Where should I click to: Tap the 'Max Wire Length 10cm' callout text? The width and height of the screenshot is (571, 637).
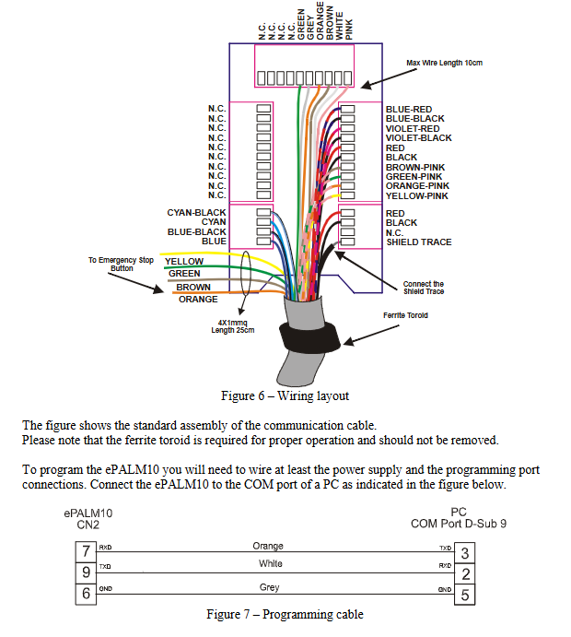[x=445, y=63]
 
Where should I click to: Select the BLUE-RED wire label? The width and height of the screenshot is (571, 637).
[x=408, y=109]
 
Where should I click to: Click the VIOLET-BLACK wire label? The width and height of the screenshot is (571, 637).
[x=418, y=138]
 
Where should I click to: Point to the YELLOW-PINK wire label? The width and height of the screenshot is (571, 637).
[x=416, y=195]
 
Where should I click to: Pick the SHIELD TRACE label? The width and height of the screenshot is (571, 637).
[x=418, y=242]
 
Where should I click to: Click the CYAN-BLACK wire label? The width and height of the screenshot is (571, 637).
[x=196, y=213]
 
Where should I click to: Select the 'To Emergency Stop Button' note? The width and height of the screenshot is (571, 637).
[x=121, y=265]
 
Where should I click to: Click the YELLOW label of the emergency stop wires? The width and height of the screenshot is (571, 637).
[x=184, y=262]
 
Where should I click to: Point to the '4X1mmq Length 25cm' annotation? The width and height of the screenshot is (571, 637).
[x=231, y=325]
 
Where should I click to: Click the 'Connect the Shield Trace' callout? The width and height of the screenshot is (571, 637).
[x=424, y=289]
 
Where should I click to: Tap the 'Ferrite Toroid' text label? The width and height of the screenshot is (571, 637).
[x=406, y=315]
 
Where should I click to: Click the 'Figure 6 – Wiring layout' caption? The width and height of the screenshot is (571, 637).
[x=285, y=395]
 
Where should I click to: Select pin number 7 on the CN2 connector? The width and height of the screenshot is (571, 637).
[x=85, y=551]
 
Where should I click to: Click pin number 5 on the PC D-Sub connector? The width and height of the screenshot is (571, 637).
[x=465, y=595]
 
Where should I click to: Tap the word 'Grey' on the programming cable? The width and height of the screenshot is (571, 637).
[x=269, y=587]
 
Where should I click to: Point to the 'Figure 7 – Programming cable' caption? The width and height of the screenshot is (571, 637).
[x=285, y=615]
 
